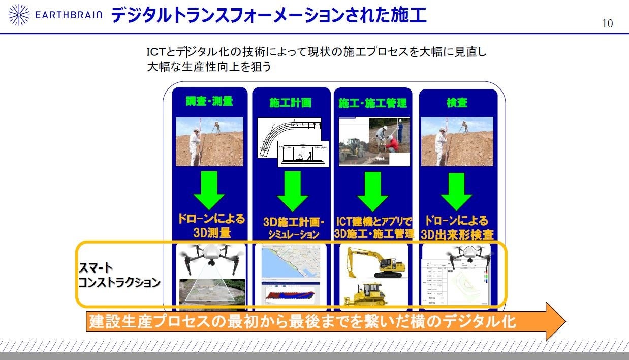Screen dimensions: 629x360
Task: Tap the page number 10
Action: tap(607, 23)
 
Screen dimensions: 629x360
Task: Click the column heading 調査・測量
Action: tap(209, 101)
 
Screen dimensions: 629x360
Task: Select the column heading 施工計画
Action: tap(290, 103)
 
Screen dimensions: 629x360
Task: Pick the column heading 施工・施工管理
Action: tap(373, 103)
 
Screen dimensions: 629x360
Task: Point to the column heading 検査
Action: tap(457, 103)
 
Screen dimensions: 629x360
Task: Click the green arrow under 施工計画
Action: tap(292, 191)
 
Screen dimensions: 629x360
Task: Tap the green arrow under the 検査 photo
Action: tap(456, 191)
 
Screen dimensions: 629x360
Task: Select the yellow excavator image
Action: tap(376, 263)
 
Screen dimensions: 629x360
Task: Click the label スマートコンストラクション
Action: tap(118, 276)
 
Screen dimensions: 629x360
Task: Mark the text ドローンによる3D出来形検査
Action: tap(456, 227)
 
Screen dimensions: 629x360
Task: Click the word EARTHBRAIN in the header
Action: tap(69, 15)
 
